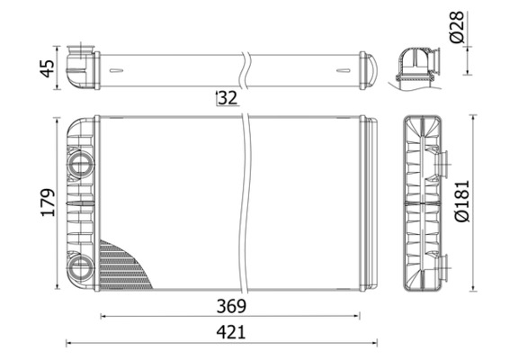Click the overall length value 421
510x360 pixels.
click(231, 332)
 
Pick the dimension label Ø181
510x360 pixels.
click(461, 202)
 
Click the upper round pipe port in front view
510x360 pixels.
click(81, 165)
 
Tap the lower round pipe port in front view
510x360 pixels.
click(81, 265)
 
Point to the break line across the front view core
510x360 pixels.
click(245, 202)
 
